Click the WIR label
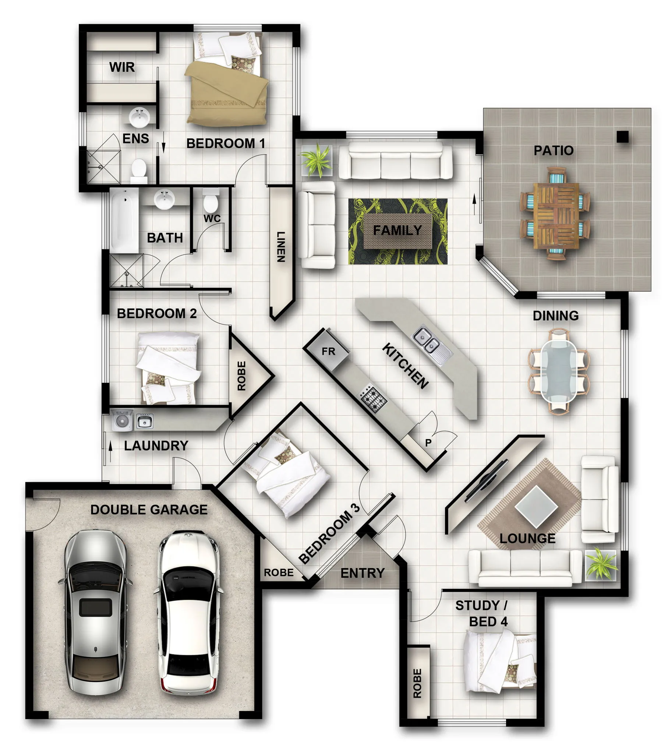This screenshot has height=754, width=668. coord(122,67)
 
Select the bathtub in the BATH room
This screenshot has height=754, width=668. coord(124,221)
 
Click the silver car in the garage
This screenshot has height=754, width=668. coord(95,612)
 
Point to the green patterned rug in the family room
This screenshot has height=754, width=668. coord(397,231)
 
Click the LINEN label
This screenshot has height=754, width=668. coord(281,247)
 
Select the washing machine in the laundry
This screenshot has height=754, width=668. coord(122,420)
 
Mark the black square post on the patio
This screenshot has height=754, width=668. coord(623,137)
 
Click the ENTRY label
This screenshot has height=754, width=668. coord(362,573)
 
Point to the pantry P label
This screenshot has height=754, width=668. coord(428,442)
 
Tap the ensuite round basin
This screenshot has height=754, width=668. coord(139,117)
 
